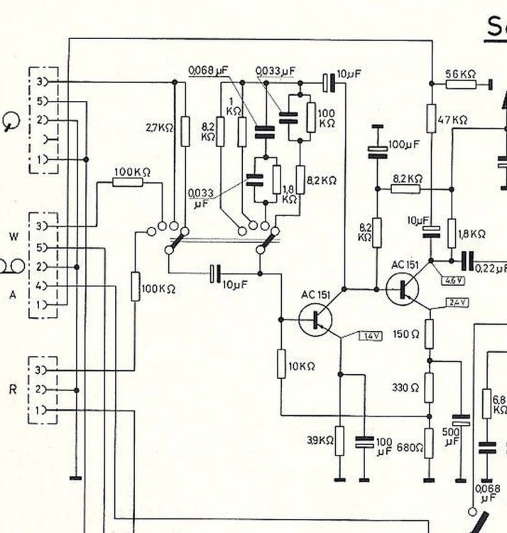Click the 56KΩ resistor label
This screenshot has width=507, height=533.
click(x=461, y=73)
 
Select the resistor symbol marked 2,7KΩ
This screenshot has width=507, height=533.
click(x=185, y=131)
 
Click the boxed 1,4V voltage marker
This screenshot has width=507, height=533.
click(x=370, y=335)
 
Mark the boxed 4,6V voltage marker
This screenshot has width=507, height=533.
click(x=451, y=281)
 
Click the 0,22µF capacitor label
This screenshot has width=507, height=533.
click(x=492, y=268)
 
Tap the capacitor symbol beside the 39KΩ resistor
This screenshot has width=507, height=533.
click(x=364, y=442)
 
